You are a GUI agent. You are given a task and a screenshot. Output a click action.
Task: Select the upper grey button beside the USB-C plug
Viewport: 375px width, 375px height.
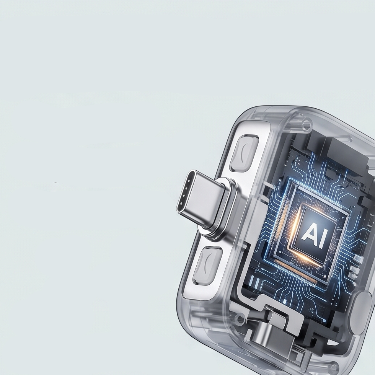(244, 153)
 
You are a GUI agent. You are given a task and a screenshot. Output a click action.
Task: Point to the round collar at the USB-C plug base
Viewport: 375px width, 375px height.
(221, 209)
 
